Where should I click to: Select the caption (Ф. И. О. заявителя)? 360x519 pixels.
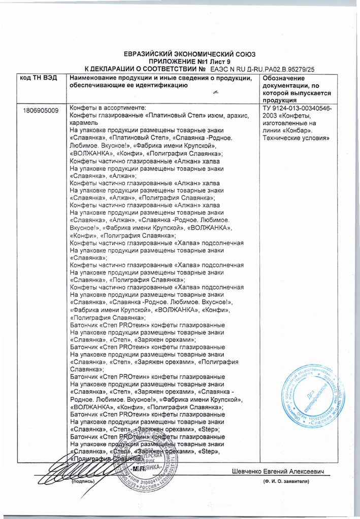[286, 480]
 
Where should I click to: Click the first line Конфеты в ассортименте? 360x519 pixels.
[107, 109]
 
